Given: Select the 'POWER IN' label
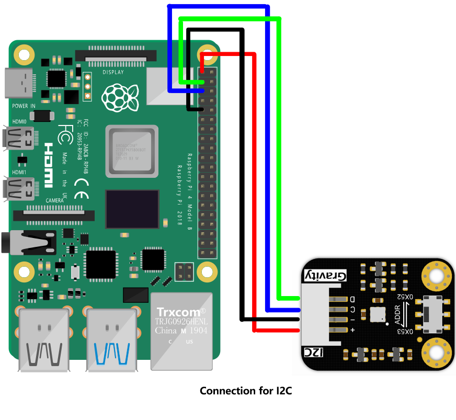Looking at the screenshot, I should [24, 106].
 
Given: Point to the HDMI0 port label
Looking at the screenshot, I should [19, 121].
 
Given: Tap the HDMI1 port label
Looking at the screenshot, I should [19, 172].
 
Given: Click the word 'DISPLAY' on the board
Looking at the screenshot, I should [113, 72].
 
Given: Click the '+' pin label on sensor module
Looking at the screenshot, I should [352, 330].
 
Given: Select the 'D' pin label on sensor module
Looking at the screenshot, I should [352, 299].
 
